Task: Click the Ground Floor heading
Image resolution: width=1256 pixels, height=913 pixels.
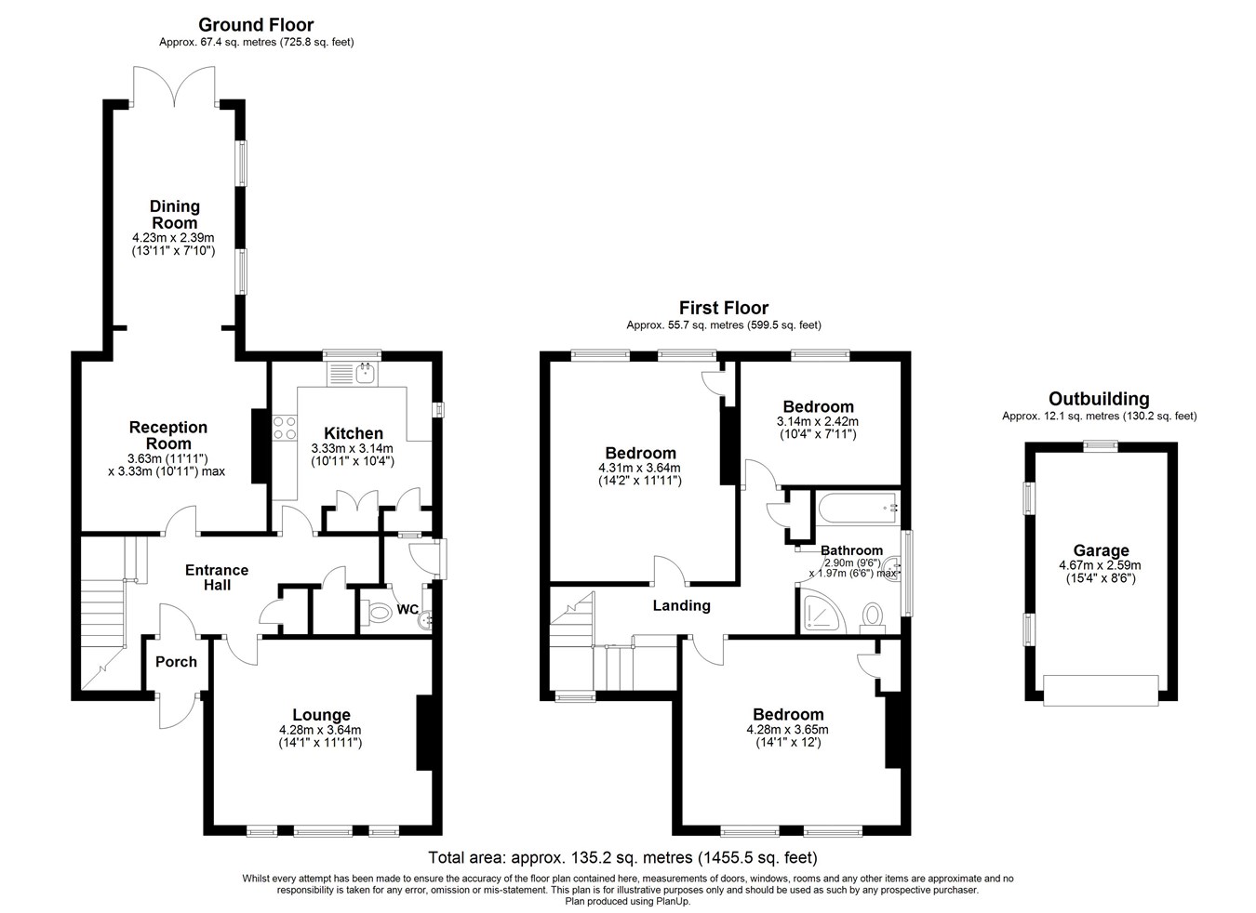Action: (x=256, y=25)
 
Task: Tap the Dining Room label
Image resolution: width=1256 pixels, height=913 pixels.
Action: (x=174, y=215)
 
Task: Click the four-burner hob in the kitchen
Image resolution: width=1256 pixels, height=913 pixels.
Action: (x=285, y=429)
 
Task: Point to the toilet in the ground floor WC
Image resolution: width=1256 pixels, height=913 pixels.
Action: (x=376, y=612)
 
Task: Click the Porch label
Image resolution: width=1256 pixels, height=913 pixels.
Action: (x=176, y=662)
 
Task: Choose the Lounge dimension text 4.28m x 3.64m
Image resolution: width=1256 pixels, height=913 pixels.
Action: (x=320, y=730)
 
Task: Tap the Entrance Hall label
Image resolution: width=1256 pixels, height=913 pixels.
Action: (x=217, y=577)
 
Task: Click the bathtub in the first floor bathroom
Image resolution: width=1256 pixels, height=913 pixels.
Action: (x=859, y=509)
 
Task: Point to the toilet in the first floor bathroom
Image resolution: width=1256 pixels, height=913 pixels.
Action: (x=873, y=617)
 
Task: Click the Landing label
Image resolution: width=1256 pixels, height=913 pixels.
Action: (x=681, y=605)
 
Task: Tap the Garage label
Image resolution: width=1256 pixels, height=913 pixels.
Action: (x=1101, y=550)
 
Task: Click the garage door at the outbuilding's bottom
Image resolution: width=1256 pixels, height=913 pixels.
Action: (x=1101, y=691)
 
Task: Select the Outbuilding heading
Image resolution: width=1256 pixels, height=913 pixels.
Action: (x=1099, y=399)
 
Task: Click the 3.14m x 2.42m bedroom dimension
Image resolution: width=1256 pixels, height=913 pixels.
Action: (x=818, y=421)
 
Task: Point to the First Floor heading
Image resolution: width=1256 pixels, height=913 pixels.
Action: (x=723, y=308)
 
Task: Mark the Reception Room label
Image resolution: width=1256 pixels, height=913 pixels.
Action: (x=168, y=435)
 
